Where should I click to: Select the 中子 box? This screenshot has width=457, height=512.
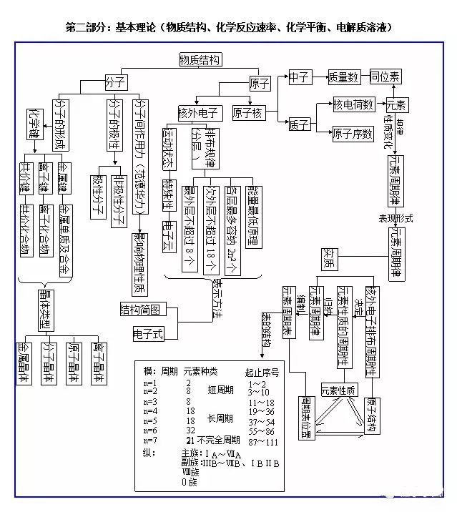tap(300, 76)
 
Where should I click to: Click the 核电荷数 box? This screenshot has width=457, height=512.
tap(354, 104)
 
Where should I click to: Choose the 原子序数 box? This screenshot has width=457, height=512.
tap(353, 133)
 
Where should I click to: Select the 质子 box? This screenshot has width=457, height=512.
tap(299, 125)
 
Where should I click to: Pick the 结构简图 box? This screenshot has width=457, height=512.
tap(144, 309)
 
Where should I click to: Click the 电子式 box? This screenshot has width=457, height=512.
tap(149, 333)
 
